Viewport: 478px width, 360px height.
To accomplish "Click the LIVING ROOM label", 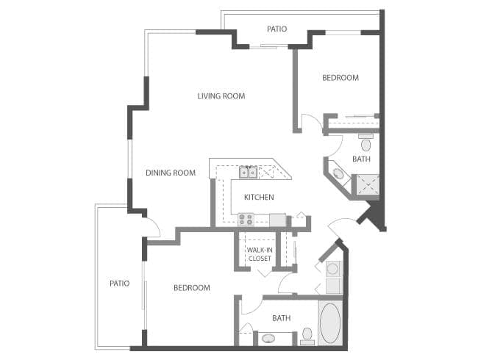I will coord(221,96).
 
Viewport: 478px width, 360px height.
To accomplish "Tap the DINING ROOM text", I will coord(170,173).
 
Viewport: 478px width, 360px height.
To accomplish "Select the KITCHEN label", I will coord(259,197).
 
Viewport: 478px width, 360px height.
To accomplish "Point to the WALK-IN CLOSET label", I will coord(259,254).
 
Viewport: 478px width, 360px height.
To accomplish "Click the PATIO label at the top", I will coord(277,29).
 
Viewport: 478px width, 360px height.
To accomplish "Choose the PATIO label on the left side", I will coord(119,284).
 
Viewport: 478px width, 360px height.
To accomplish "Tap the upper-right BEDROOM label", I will coord(340,78).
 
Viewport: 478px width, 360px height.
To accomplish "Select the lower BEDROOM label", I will coord(191,288).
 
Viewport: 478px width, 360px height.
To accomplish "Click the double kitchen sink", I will coord(248,173).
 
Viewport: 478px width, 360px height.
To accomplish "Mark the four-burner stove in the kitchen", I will coord(245,219).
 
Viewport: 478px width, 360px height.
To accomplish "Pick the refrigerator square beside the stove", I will coord(277,219).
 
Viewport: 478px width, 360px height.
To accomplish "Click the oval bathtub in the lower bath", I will coord(330,323).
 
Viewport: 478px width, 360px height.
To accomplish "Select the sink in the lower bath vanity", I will coord(269,339).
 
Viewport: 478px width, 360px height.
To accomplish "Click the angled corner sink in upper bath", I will coord(338,174).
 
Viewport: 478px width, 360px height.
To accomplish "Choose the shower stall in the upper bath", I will coord(365,184).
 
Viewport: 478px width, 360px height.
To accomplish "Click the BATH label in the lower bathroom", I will coord(281,318).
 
